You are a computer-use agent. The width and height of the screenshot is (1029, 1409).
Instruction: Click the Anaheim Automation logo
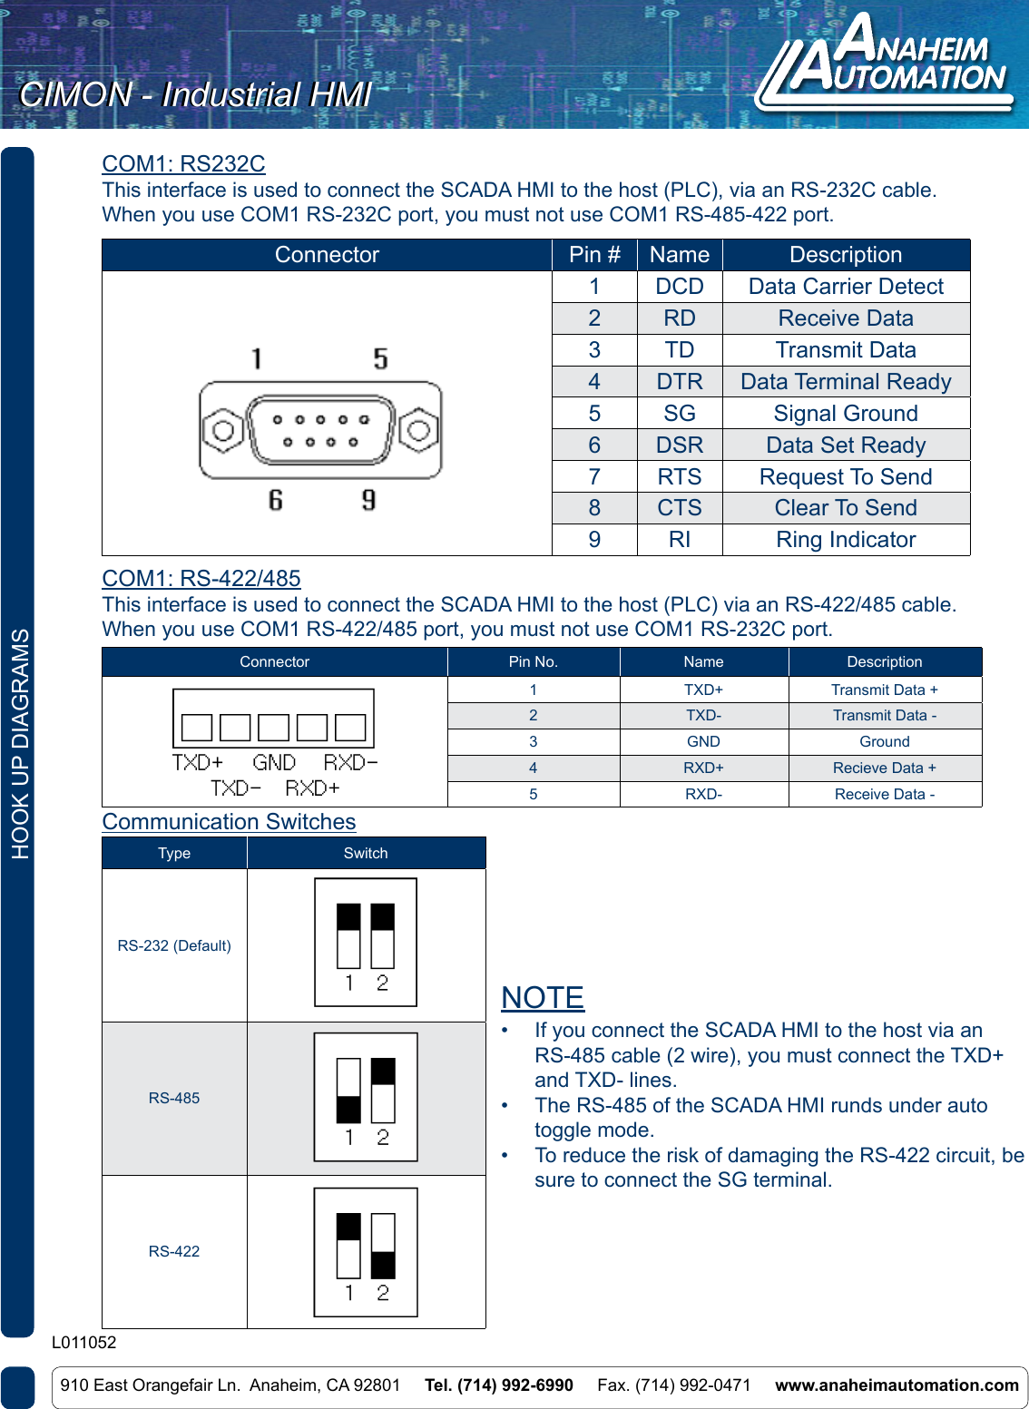point(885,64)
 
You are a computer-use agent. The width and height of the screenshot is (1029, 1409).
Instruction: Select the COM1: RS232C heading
point(183,164)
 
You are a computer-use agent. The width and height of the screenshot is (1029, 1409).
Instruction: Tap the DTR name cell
point(679,382)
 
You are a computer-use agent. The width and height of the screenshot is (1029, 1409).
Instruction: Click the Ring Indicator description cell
point(846,540)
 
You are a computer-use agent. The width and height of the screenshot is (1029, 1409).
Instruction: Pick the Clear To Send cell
point(846,508)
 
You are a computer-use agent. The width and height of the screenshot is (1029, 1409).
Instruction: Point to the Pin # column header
point(594,255)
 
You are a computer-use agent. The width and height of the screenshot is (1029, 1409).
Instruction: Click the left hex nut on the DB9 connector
point(222,430)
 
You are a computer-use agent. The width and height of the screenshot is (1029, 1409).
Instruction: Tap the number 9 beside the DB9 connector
point(368,500)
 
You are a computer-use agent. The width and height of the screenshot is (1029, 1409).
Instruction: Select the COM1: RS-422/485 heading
point(201,579)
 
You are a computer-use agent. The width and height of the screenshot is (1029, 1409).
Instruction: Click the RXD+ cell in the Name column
point(703,768)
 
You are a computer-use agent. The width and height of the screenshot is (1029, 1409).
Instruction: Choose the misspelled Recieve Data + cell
point(884,768)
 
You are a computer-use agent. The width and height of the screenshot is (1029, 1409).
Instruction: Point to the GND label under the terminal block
point(274,763)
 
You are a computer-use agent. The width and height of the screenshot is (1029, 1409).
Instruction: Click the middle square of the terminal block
point(273,728)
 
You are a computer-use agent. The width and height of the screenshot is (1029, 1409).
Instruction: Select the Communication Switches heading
point(229,822)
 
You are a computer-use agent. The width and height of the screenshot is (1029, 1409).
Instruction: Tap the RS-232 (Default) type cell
point(174,945)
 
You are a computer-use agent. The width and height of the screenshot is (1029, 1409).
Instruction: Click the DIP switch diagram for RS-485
point(366,1097)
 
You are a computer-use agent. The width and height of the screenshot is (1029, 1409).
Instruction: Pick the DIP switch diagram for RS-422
point(366,1252)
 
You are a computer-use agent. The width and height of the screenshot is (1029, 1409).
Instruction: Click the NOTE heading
point(543,998)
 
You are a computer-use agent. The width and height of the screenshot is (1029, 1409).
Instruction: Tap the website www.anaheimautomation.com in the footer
point(897,1385)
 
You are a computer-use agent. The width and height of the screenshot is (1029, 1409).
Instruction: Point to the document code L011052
point(84,1343)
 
